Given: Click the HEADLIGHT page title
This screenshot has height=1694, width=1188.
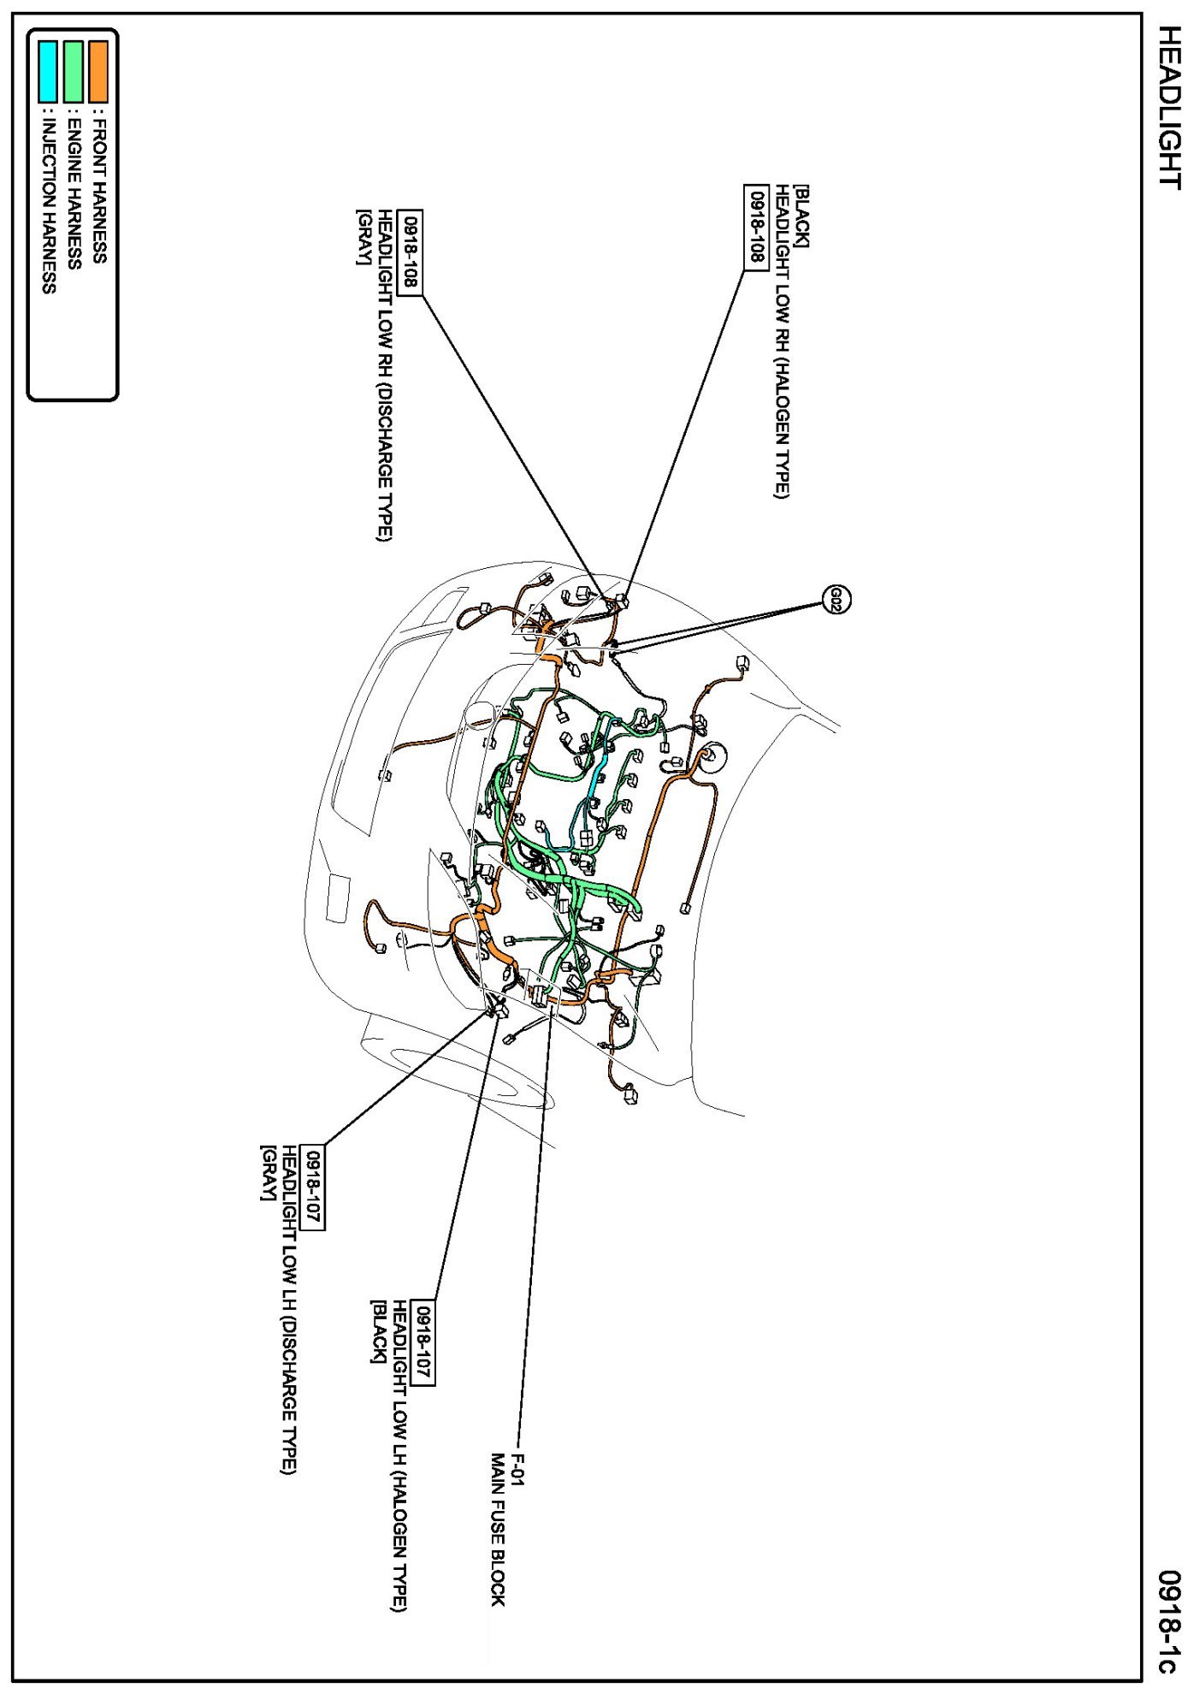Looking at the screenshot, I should click(x=1168, y=107).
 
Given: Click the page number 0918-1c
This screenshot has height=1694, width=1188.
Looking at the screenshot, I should click(x=1168, y=1620).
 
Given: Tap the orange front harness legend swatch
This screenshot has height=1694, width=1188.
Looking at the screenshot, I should click(x=98, y=71).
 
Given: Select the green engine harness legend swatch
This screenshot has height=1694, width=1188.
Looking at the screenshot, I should click(x=74, y=71).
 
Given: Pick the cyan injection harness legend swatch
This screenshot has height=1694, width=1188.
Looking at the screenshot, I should click(x=48, y=71).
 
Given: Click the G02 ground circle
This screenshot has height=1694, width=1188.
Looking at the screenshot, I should click(x=836, y=600).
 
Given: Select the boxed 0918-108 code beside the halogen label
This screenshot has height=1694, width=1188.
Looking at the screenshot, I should click(x=756, y=227).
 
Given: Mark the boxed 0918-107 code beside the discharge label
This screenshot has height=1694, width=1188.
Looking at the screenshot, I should click(x=314, y=1188).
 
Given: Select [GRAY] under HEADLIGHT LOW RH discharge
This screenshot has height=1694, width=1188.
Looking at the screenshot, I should click(x=363, y=237).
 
